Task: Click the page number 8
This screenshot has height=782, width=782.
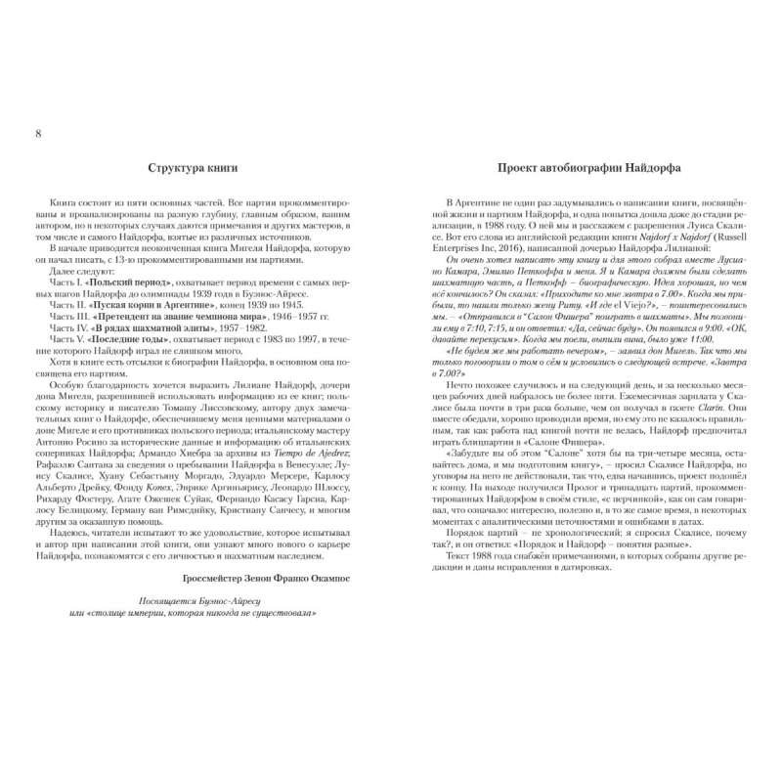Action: coord(37,133)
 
